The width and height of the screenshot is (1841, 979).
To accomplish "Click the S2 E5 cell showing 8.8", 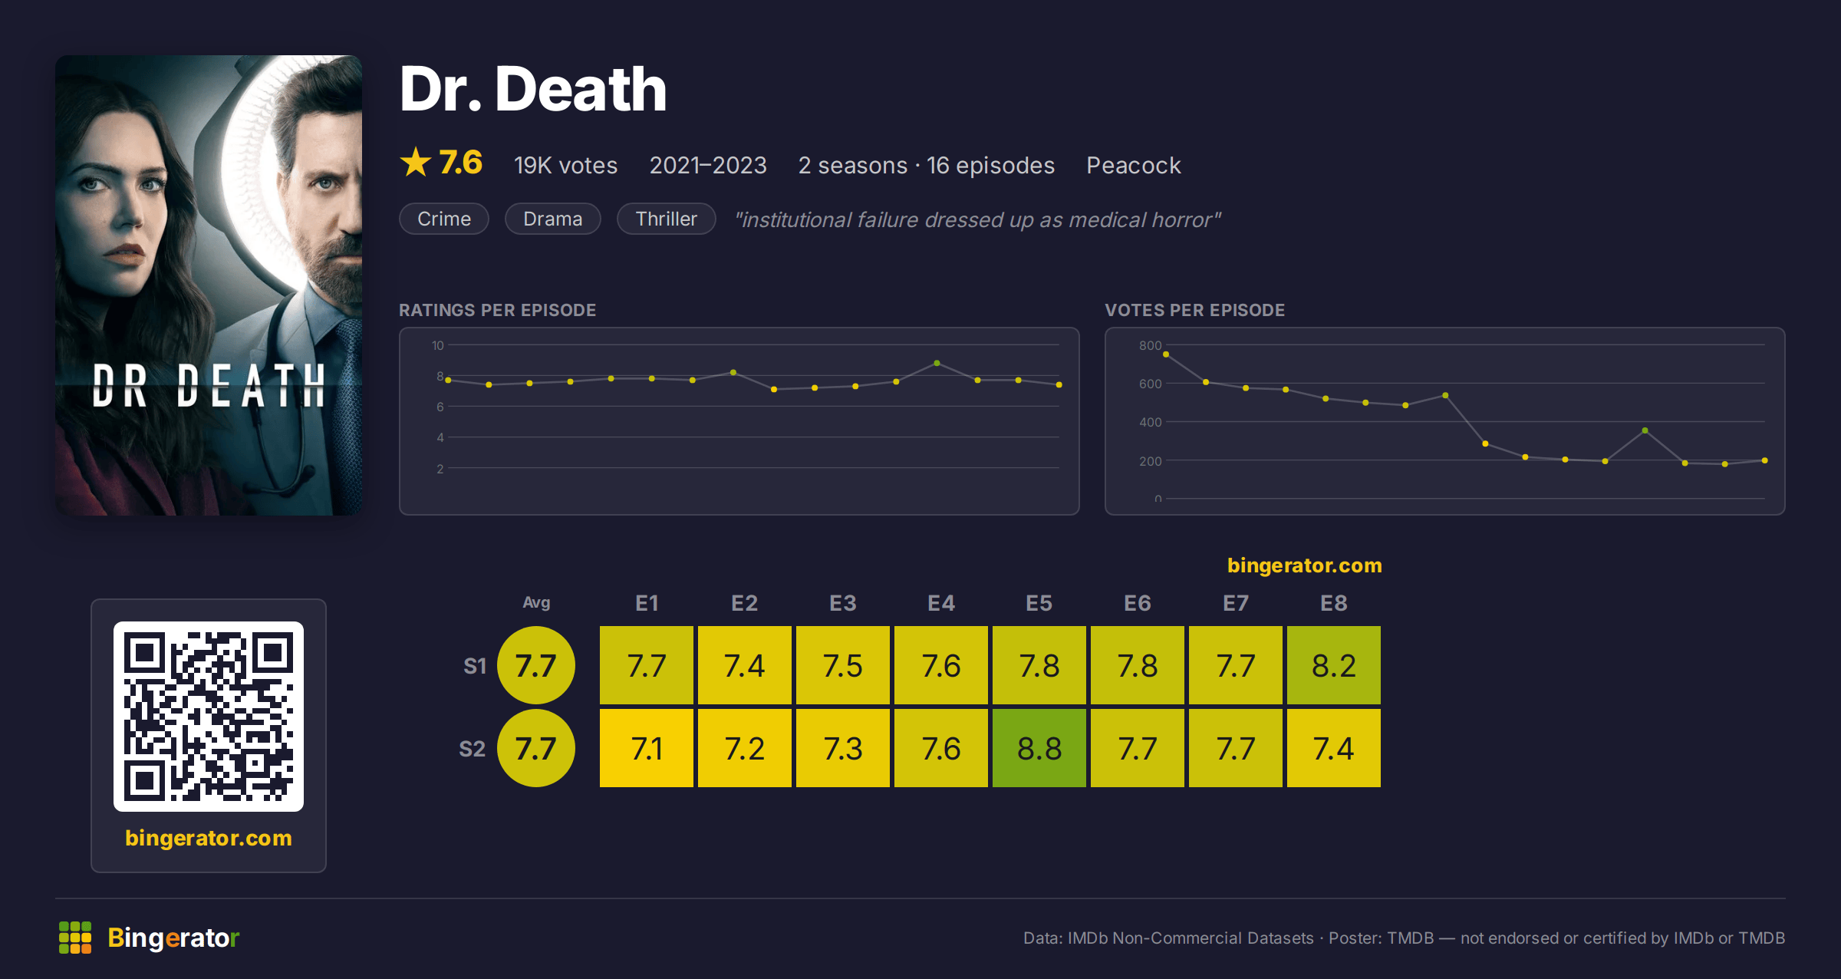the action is point(1039,748).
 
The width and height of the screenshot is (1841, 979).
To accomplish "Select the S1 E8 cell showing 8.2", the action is point(1334,665).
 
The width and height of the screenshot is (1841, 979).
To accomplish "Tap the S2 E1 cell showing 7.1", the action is point(647,748).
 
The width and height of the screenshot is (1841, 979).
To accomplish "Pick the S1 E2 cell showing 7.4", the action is point(745,665).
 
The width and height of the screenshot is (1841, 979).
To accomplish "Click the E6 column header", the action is point(1138,603).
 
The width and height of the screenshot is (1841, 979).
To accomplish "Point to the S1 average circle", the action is point(536,665).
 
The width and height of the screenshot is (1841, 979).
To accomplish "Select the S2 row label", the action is point(473,749).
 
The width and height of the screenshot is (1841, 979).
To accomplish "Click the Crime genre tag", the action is point(444,219).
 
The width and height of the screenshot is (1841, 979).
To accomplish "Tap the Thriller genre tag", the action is point(667,219).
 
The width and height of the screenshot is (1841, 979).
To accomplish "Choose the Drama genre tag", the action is point(553,219).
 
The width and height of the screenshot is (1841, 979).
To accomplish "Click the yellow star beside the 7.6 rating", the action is point(416,162).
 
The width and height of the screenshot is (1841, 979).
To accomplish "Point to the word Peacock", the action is point(1134,165).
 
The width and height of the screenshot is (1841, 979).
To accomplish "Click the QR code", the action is point(209,717).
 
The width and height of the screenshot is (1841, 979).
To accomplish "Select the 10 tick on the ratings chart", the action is point(437,345).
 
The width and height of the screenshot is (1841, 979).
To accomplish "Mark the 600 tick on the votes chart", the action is point(1150,384).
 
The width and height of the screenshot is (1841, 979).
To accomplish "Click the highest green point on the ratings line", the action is point(937,363).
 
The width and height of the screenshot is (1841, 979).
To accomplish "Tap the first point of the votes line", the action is point(1166,354).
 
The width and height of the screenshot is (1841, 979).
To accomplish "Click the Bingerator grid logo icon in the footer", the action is point(75,938).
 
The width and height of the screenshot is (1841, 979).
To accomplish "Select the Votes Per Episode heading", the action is point(1194,310).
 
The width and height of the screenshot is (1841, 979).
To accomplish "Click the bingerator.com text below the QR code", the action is point(209,838).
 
